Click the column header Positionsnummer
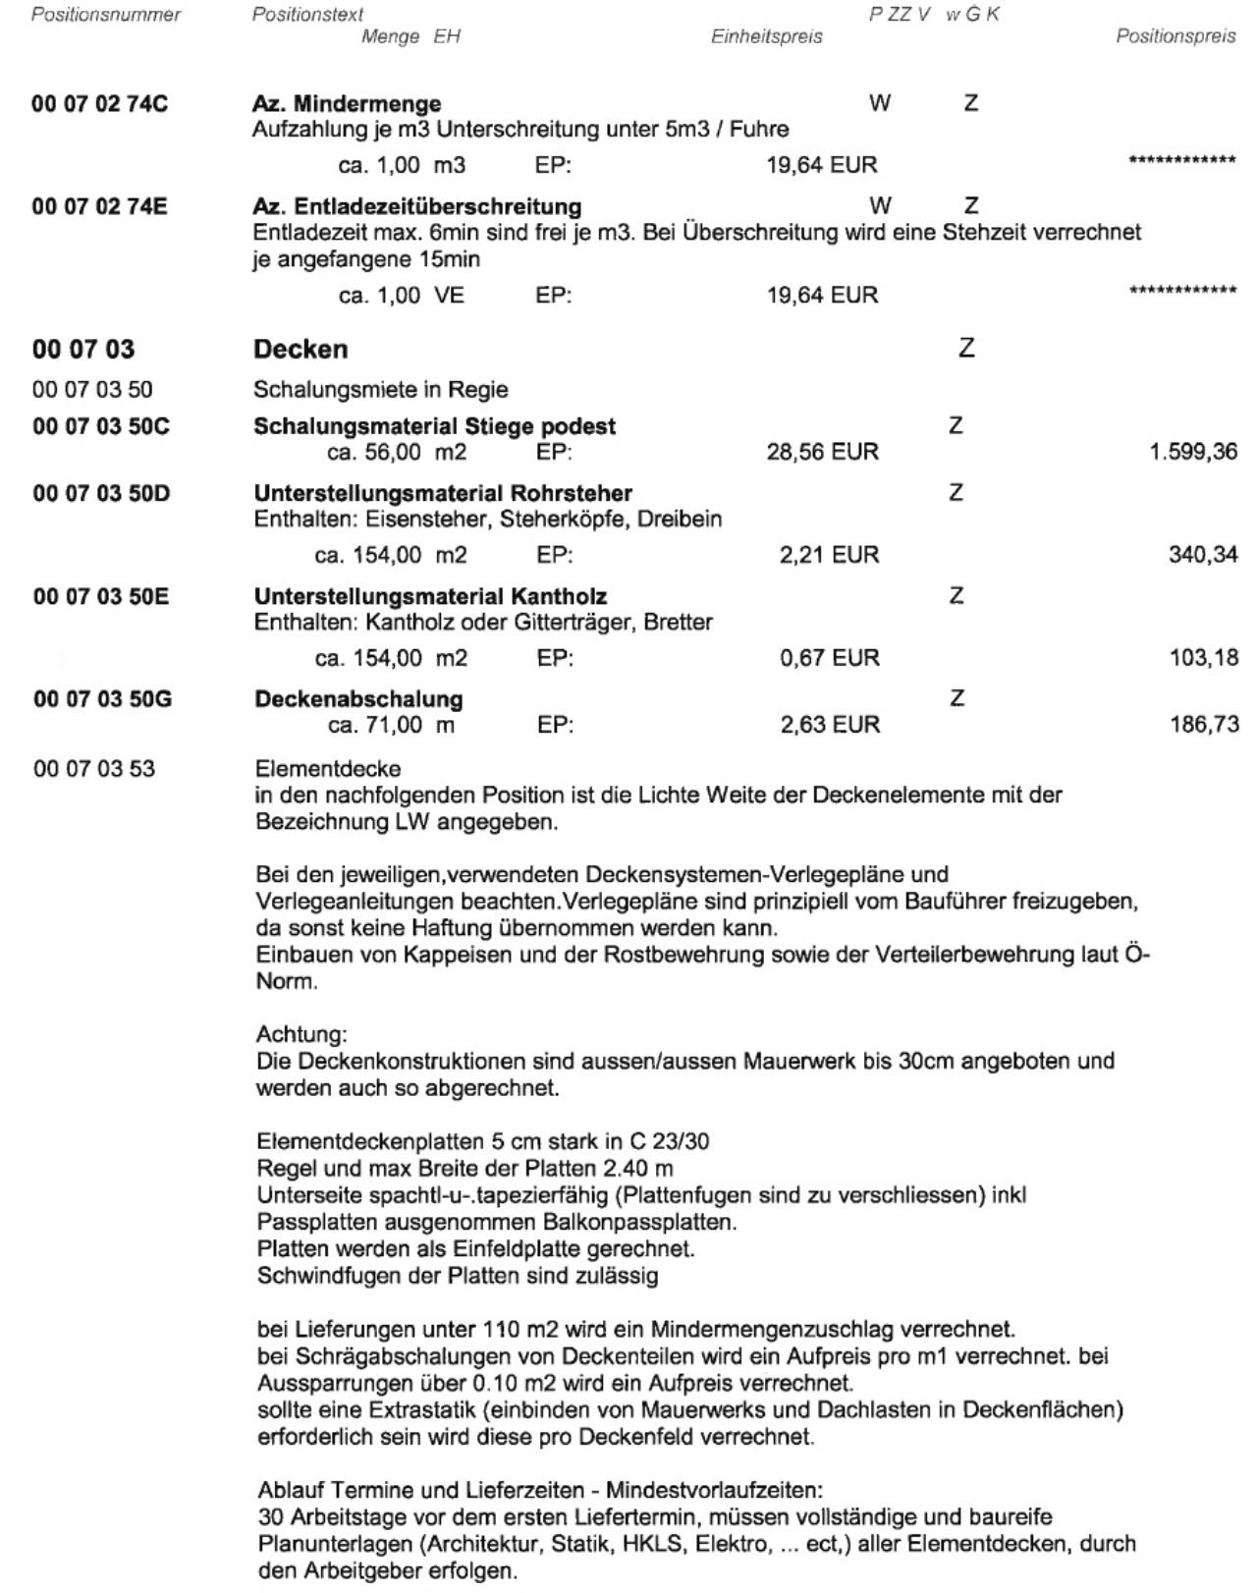tap(106, 15)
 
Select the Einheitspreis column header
tap(766, 37)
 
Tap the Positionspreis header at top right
tap(1175, 37)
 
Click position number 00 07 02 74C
tap(99, 103)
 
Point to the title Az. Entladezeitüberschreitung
tap(416, 206)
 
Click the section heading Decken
tap(301, 349)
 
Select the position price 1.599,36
tap(1193, 453)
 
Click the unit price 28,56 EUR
tap(822, 453)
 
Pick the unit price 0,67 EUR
tap(829, 658)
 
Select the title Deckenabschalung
tap(358, 699)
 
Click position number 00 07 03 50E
tap(100, 596)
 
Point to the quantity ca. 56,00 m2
tap(397, 453)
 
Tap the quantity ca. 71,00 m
tap(391, 725)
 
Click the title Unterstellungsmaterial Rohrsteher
tap(443, 493)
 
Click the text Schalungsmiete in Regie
tap(380, 390)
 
